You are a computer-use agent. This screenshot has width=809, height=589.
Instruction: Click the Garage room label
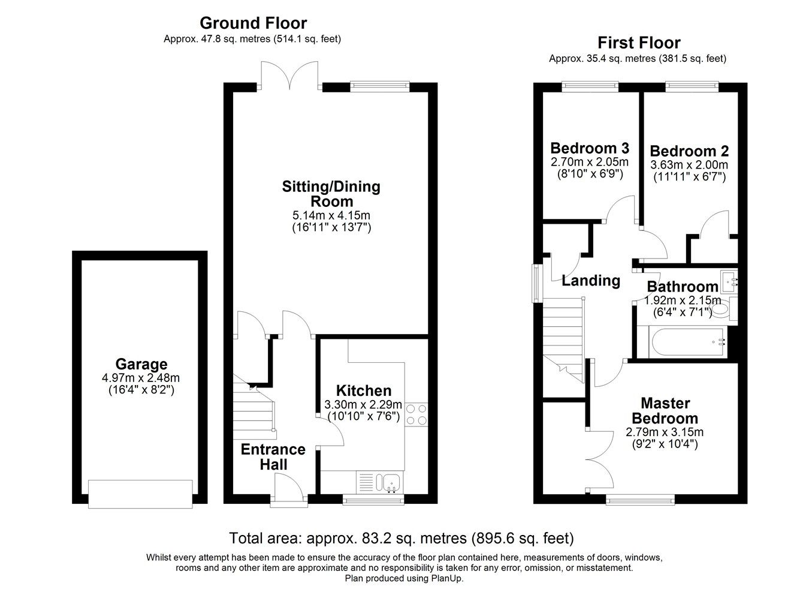(x=141, y=364)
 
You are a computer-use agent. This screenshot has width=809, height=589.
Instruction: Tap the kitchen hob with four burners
(x=416, y=414)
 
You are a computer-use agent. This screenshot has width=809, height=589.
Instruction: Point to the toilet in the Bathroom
(x=722, y=309)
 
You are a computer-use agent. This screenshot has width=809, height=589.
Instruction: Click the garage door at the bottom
(x=140, y=494)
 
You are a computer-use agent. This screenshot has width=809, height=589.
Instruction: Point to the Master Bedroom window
(x=640, y=498)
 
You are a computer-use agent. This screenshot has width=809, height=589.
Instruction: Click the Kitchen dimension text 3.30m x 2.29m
(x=363, y=404)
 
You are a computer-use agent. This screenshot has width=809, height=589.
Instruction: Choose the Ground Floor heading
(x=253, y=23)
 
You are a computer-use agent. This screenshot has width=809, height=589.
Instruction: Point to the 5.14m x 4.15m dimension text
(x=331, y=215)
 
